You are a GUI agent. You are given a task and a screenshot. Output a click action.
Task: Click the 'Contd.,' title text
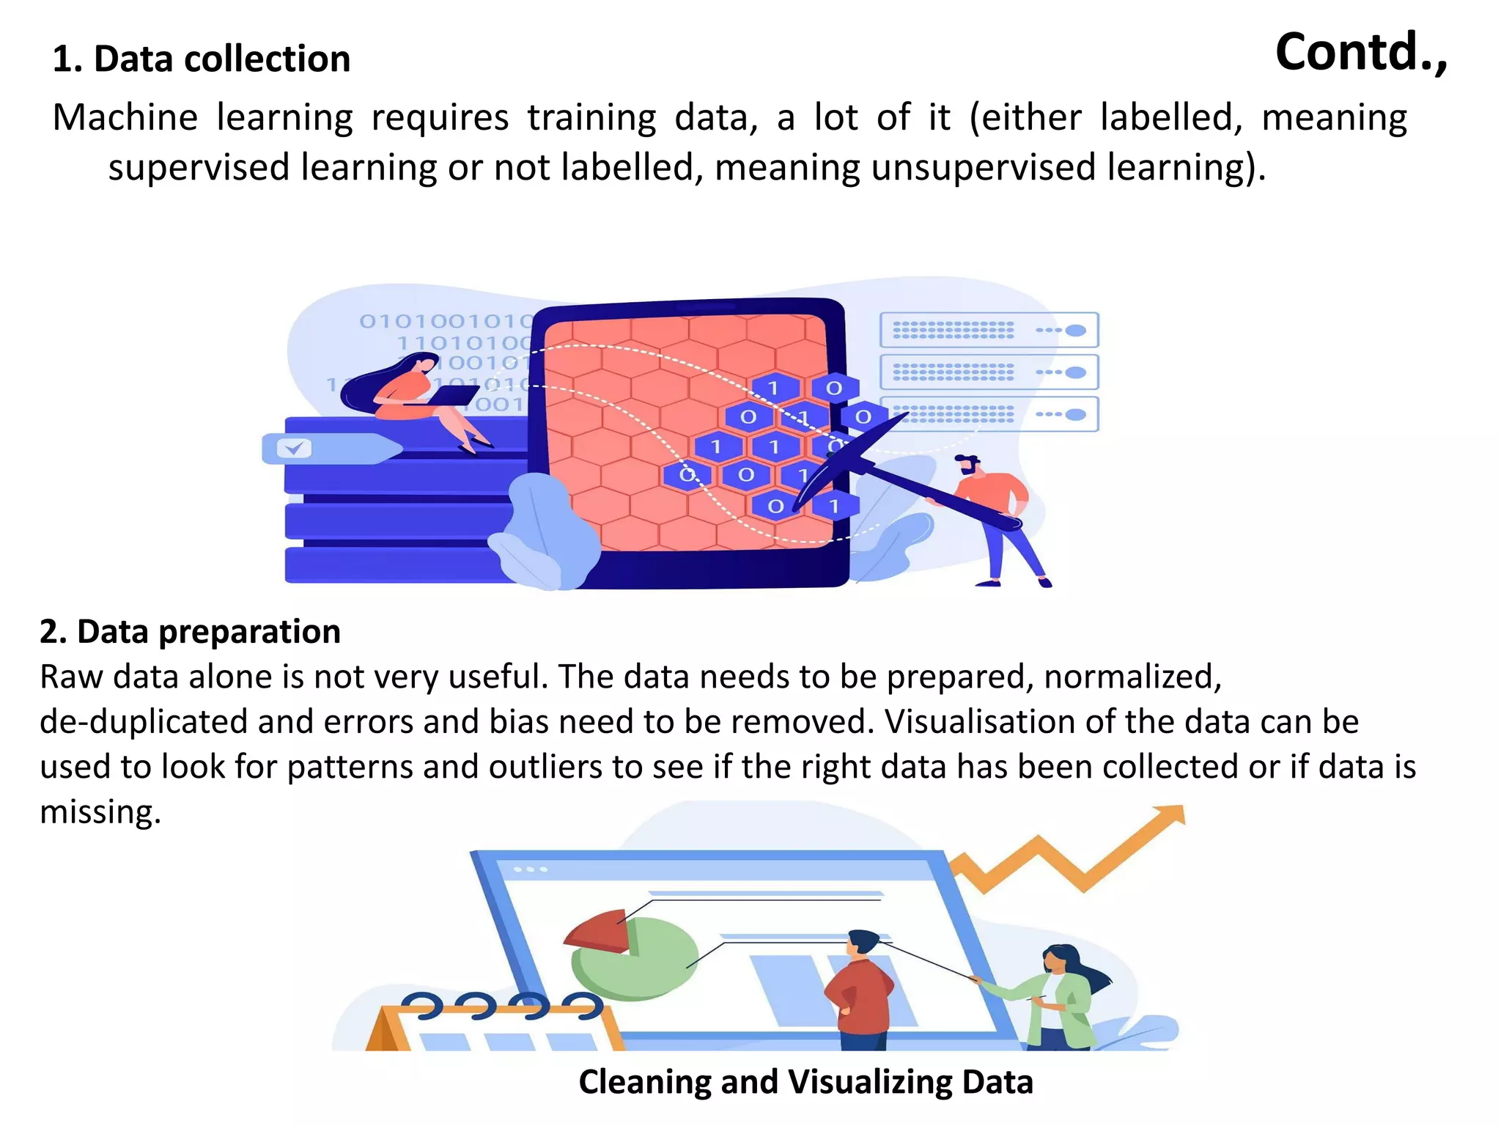point(1361,53)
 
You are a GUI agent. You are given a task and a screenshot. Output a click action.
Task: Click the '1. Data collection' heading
point(202,59)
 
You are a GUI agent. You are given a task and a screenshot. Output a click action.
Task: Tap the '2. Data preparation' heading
point(190,631)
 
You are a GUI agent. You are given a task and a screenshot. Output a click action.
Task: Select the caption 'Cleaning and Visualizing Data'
point(805,1081)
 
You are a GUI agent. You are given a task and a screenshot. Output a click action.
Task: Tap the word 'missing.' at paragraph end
point(100,812)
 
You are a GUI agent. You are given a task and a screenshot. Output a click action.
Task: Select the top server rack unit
point(989,330)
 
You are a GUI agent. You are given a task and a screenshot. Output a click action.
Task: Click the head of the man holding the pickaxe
point(967,465)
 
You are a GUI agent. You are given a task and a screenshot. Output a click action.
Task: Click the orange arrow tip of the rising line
point(1170,815)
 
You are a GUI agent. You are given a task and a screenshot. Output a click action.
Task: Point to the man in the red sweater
point(859,990)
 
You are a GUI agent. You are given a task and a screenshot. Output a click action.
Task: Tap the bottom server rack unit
point(989,415)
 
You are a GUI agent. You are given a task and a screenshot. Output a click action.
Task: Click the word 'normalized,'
point(1132,677)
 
